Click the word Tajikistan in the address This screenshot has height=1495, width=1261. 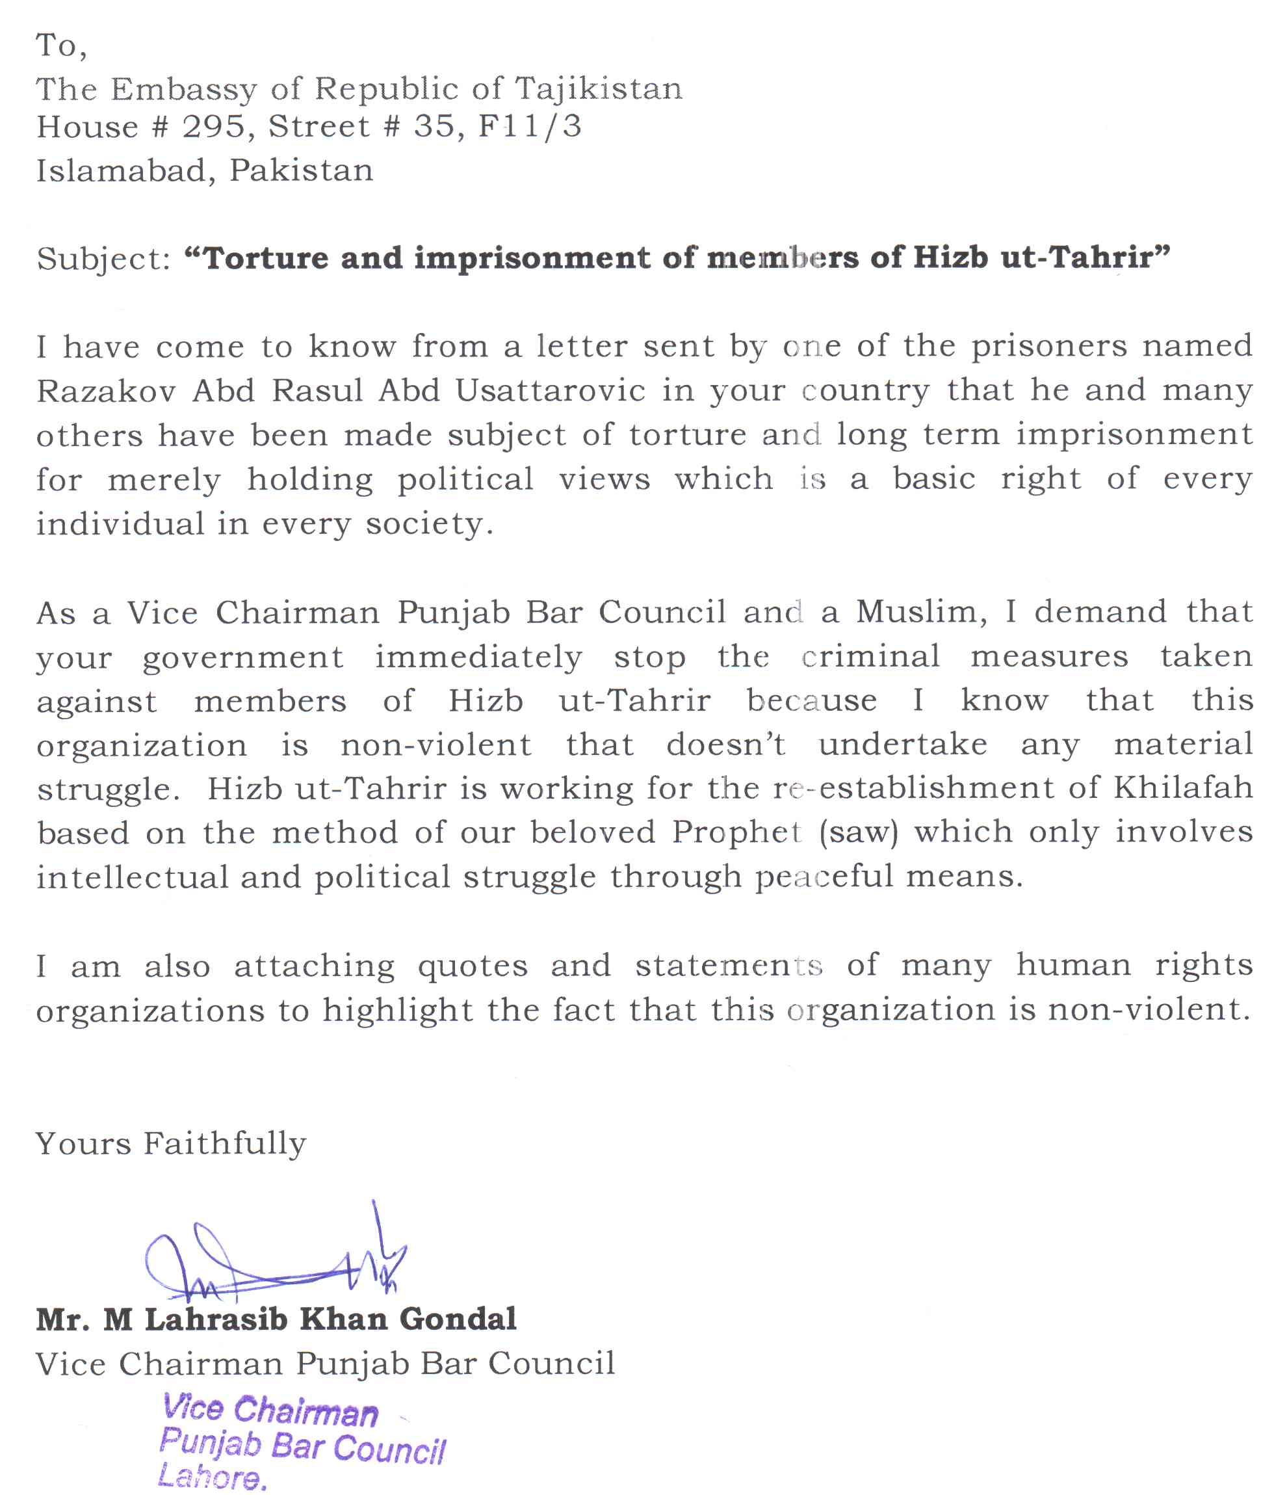(x=599, y=89)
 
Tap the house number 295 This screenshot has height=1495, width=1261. (x=213, y=127)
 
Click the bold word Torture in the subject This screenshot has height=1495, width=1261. (x=267, y=258)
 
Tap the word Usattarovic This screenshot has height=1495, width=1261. (x=551, y=391)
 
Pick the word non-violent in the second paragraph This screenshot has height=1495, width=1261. (x=436, y=745)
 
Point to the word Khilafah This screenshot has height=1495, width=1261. (x=1182, y=788)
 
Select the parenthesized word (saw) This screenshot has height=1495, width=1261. (x=859, y=833)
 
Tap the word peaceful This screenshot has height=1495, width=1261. (x=824, y=877)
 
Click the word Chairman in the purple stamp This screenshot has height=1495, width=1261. (x=305, y=1410)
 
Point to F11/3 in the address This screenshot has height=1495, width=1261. (x=530, y=127)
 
